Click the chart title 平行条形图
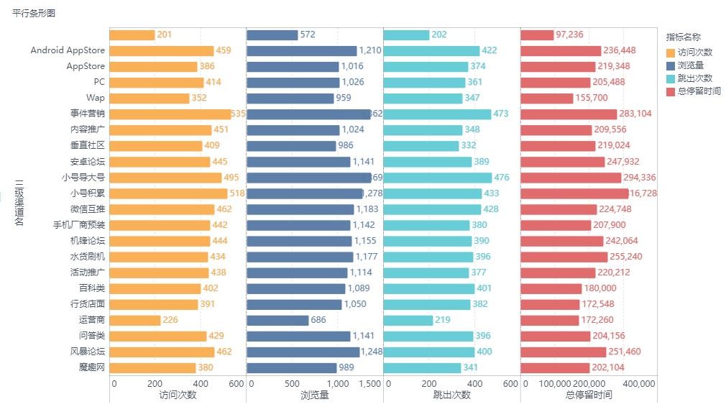(x=34, y=13)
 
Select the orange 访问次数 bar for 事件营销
(x=170, y=114)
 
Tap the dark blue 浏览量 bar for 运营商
(x=277, y=320)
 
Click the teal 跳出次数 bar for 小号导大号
(x=438, y=178)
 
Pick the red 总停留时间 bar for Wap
(x=547, y=99)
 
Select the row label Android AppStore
(x=68, y=51)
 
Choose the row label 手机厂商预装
(x=78, y=225)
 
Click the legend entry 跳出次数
(x=694, y=78)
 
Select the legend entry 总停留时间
(x=699, y=91)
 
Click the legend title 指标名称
(x=683, y=37)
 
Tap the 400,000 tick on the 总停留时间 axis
(x=638, y=384)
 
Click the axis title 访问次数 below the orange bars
(x=177, y=395)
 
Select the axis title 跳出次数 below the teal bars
(x=451, y=395)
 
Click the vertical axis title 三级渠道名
(x=19, y=201)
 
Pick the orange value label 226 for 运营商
(x=170, y=320)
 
